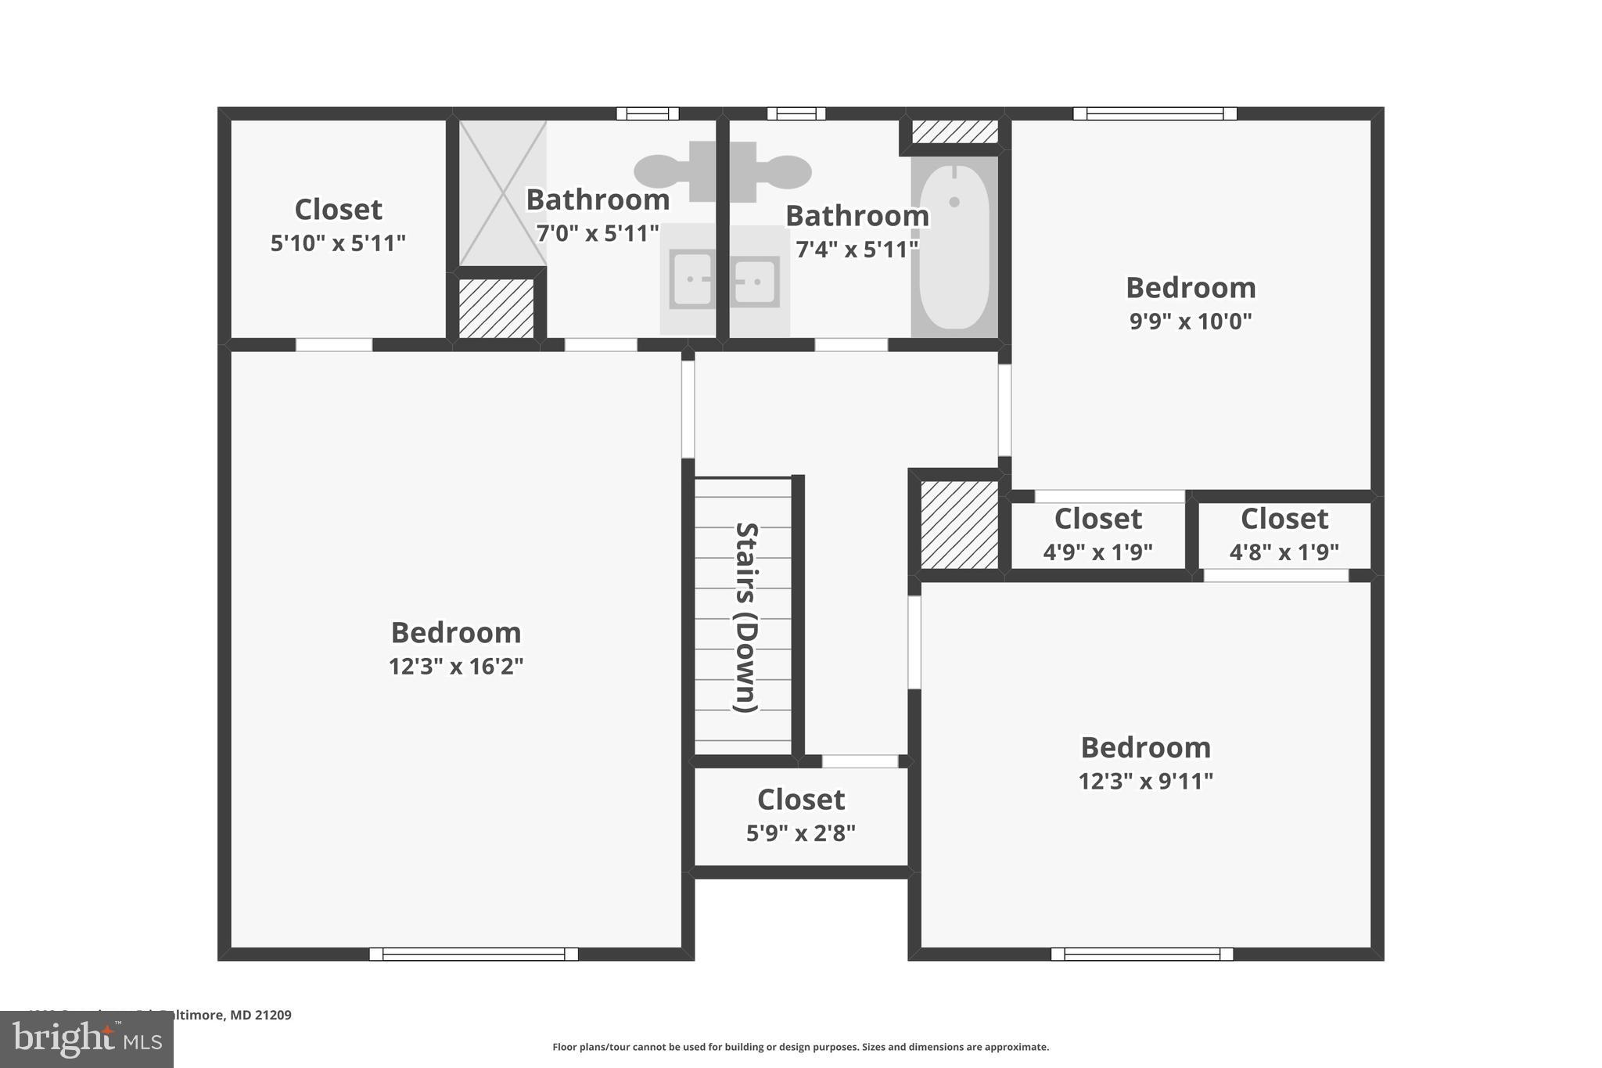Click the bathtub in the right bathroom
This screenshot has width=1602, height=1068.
954,246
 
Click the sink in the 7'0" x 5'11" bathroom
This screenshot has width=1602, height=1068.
691,279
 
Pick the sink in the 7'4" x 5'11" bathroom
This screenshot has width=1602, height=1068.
756,279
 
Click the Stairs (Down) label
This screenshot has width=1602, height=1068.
745,617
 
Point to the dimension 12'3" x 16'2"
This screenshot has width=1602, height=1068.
456,666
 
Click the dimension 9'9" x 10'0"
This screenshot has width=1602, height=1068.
1190,321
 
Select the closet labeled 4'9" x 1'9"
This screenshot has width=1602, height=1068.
1097,534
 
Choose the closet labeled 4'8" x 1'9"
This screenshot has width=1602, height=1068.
1284,534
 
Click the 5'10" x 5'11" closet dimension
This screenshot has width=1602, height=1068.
338,243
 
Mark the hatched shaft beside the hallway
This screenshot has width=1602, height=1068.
959,524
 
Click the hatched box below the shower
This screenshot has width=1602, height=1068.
496,308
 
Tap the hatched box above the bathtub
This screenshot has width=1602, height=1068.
955,131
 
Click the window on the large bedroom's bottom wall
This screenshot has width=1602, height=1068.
473,954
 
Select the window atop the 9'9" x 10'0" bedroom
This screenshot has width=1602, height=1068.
1155,113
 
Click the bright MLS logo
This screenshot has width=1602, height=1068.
87,1039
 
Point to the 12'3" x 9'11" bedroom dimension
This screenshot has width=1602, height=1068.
1145,781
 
